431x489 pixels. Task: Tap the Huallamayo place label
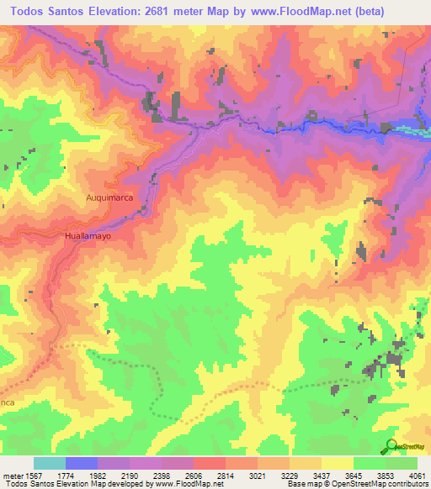point(88,238)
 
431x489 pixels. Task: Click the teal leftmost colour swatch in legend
point(50,463)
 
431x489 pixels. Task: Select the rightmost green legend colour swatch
point(402,463)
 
